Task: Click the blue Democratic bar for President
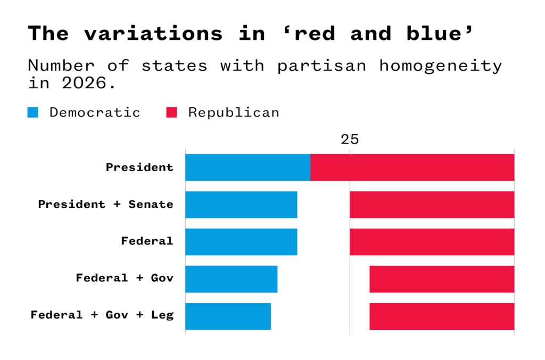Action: (x=247, y=168)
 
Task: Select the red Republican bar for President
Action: (x=412, y=168)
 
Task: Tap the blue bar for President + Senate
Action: (x=241, y=205)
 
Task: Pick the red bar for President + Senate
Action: (x=432, y=205)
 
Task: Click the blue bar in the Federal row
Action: (x=241, y=242)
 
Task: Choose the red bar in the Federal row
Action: (x=432, y=242)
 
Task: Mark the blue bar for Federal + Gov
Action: (x=231, y=279)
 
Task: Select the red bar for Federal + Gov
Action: (x=442, y=279)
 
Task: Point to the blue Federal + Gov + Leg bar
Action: (x=228, y=316)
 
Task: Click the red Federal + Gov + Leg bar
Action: (x=442, y=316)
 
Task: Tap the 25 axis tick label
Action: (x=350, y=140)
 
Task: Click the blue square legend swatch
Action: (x=33, y=112)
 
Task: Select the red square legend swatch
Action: (x=171, y=112)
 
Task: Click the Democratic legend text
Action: (x=95, y=113)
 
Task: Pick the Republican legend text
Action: (x=234, y=113)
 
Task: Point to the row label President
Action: (x=139, y=168)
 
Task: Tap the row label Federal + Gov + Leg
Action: (x=102, y=315)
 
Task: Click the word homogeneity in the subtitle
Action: (x=440, y=66)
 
